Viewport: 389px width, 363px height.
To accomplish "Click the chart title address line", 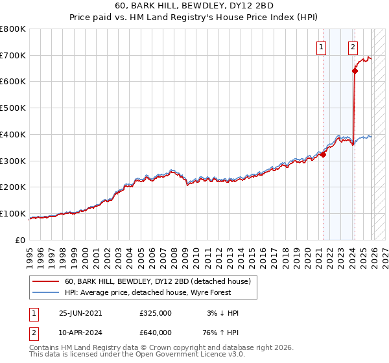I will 194,6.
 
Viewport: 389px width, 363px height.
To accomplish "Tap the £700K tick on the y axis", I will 13,56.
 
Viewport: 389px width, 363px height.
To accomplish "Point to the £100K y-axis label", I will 13,214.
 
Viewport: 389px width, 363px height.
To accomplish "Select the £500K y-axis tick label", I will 13,108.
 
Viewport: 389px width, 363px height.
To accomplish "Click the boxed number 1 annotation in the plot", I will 322,47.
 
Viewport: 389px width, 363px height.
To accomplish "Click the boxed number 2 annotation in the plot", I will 353,47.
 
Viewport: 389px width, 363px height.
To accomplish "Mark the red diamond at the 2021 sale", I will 323,154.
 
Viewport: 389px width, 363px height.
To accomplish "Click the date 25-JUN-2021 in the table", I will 80,313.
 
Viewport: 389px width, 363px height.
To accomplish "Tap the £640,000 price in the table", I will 155,332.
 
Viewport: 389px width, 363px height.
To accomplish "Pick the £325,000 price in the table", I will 155,313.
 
